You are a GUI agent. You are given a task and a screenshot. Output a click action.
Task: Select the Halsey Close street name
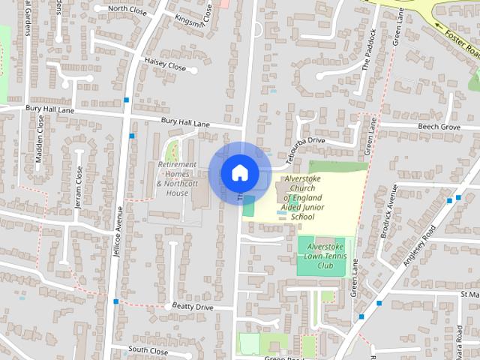[x=165, y=66]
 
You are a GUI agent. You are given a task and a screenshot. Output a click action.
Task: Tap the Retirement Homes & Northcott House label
[x=176, y=178]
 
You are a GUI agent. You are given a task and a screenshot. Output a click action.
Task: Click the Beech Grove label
[x=439, y=127]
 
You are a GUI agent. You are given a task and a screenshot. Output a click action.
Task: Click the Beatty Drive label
[x=193, y=307]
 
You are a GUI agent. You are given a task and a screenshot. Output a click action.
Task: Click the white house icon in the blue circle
[x=239, y=172]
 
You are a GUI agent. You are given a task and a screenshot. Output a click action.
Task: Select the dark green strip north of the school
[x=337, y=166]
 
